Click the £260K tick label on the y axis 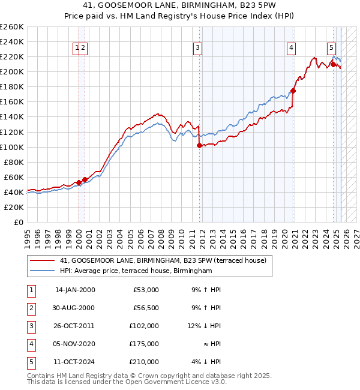pyautogui.click(x=12, y=27)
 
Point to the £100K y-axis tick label pyautogui.click(x=12, y=147)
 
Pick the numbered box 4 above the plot pyautogui.click(x=291, y=49)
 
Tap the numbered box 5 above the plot pyautogui.click(x=331, y=49)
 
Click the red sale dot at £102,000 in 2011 pyautogui.click(x=199, y=145)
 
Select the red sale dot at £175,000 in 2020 pyautogui.click(x=293, y=91)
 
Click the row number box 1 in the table pyautogui.click(x=31, y=290)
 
